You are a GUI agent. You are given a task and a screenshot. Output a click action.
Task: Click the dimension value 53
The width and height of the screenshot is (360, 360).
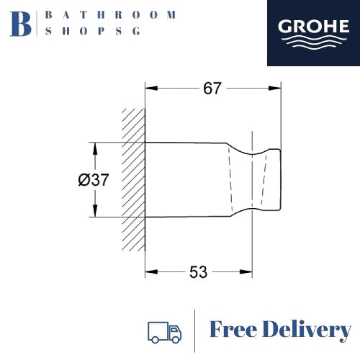[x=198, y=272]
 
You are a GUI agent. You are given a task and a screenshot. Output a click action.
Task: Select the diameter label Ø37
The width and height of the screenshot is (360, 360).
[x=94, y=180]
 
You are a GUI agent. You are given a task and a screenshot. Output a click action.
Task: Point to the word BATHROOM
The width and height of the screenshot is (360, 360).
[x=110, y=14]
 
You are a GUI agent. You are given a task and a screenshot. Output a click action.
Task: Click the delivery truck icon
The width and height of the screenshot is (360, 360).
[x=164, y=331]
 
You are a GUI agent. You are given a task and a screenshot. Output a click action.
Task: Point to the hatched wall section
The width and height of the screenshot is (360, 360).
[x=133, y=180]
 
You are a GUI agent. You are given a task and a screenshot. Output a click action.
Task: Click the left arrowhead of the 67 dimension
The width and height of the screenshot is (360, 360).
[x=150, y=89]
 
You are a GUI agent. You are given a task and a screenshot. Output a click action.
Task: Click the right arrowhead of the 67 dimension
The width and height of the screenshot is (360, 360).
[x=276, y=89]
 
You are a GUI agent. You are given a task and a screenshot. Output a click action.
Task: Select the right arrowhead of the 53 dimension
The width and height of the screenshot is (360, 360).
[x=248, y=272]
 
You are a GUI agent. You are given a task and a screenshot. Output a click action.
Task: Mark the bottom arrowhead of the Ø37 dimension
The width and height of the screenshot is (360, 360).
[x=94, y=213]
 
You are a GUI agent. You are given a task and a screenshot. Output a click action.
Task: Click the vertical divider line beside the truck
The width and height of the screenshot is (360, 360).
[x=196, y=330]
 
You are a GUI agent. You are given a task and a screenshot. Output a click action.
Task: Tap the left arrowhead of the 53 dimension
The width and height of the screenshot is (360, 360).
[x=150, y=272]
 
